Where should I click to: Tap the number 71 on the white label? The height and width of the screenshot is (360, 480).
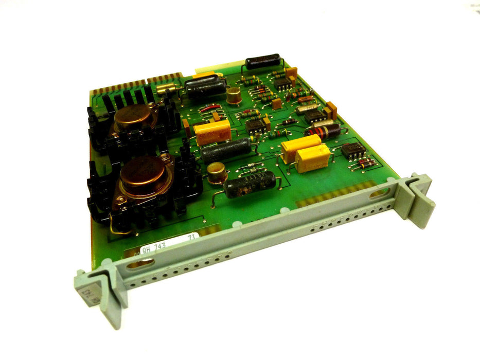pos(191,237)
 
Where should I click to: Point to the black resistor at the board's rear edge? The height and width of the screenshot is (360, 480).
pos(263,61)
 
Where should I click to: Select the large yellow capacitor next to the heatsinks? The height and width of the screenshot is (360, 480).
pos(212,132)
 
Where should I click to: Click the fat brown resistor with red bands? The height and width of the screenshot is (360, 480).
pos(323,132)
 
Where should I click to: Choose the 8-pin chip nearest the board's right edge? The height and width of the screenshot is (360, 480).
pos(354,150)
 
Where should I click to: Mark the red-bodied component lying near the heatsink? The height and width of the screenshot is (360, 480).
pos(210,109)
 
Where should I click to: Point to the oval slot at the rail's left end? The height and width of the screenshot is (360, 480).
pos(140,263)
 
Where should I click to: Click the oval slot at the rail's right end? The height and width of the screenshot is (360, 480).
pos(379,193)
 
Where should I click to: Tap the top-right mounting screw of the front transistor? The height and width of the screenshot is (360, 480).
pos(165,157)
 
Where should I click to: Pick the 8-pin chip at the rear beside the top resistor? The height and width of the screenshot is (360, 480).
pos(282,84)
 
